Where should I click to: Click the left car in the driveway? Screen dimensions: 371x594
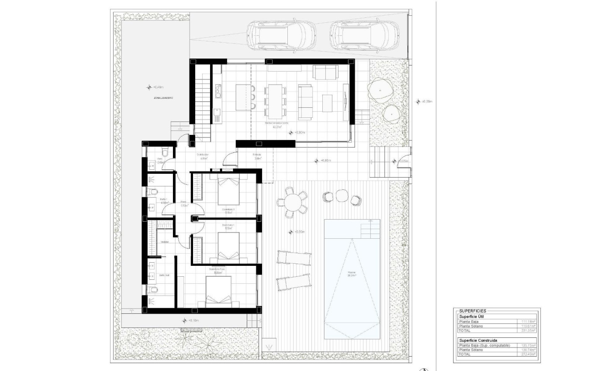click(281, 35)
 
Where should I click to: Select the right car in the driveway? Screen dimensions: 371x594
click(364, 35)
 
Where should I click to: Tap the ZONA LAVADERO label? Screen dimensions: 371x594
click(163, 98)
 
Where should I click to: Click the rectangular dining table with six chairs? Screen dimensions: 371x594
click(275, 101)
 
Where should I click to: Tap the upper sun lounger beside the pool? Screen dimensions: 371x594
click(294, 258)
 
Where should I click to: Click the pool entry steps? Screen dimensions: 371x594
click(369, 228)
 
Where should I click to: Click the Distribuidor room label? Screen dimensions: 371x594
click(202, 155)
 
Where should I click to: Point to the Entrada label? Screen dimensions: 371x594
click(257, 155)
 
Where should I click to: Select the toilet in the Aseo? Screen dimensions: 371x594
click(165, 151)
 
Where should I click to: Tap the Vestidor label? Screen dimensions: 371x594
click(165, 242)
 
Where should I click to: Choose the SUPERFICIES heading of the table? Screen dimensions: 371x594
click(473, 311)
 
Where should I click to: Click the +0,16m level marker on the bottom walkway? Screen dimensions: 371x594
click(190, 321)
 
